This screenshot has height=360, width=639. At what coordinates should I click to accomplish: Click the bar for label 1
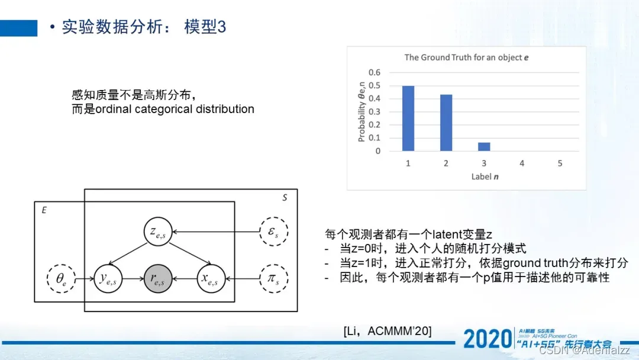(408, 118)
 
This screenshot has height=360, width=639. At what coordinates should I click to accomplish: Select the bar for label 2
(446, 123)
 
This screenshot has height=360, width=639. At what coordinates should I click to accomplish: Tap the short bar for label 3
(484, 146)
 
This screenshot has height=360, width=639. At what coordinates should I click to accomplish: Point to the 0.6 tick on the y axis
(375, 73)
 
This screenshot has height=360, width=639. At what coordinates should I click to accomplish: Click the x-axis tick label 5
(560, 163)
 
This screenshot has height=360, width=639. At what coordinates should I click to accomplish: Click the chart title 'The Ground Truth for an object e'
(466, 57)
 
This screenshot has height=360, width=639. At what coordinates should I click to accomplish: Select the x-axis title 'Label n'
(485, 176)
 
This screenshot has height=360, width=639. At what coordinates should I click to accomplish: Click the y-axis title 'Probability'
(362, 112)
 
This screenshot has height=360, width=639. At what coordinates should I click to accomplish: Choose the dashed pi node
(273, 276)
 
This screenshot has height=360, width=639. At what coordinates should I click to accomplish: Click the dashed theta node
(62, 276)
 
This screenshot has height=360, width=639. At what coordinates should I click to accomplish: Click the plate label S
(285, 198)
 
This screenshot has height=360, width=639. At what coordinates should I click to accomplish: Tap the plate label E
(43, 210)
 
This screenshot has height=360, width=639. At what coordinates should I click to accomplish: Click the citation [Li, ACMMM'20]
(387, 331)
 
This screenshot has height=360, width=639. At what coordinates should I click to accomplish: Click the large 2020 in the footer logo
(486, 338)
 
